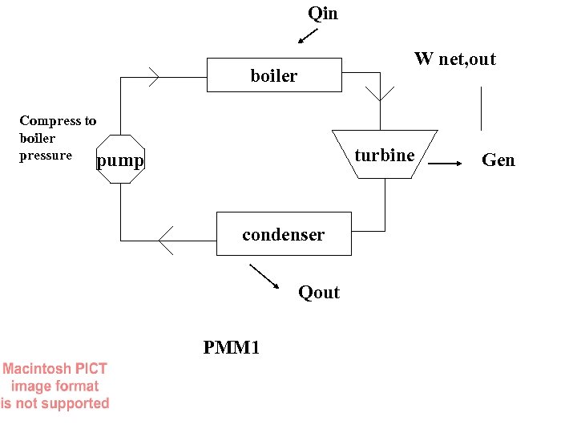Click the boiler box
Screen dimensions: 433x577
tap(274, 75)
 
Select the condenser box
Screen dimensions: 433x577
tap(284, 234)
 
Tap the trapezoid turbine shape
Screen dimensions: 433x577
tap(385, 154)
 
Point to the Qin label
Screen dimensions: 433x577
tap(323, 14)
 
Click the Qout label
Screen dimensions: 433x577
tap(319, 293)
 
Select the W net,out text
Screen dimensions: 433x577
tap(454, 59)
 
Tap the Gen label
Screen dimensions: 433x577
tap(498, 160)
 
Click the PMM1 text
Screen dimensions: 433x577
tap(232, 347)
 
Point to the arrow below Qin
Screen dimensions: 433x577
tap(307, 36)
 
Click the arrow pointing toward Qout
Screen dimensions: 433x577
tap(264, 277)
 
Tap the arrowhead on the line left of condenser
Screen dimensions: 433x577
tap(166, 240)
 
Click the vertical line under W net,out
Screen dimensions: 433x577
tap(481, 108)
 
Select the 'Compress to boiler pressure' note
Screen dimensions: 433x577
tap(57, 138)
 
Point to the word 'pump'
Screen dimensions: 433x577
tap(120, 161)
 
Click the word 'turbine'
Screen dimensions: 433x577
tap(385, 155)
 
